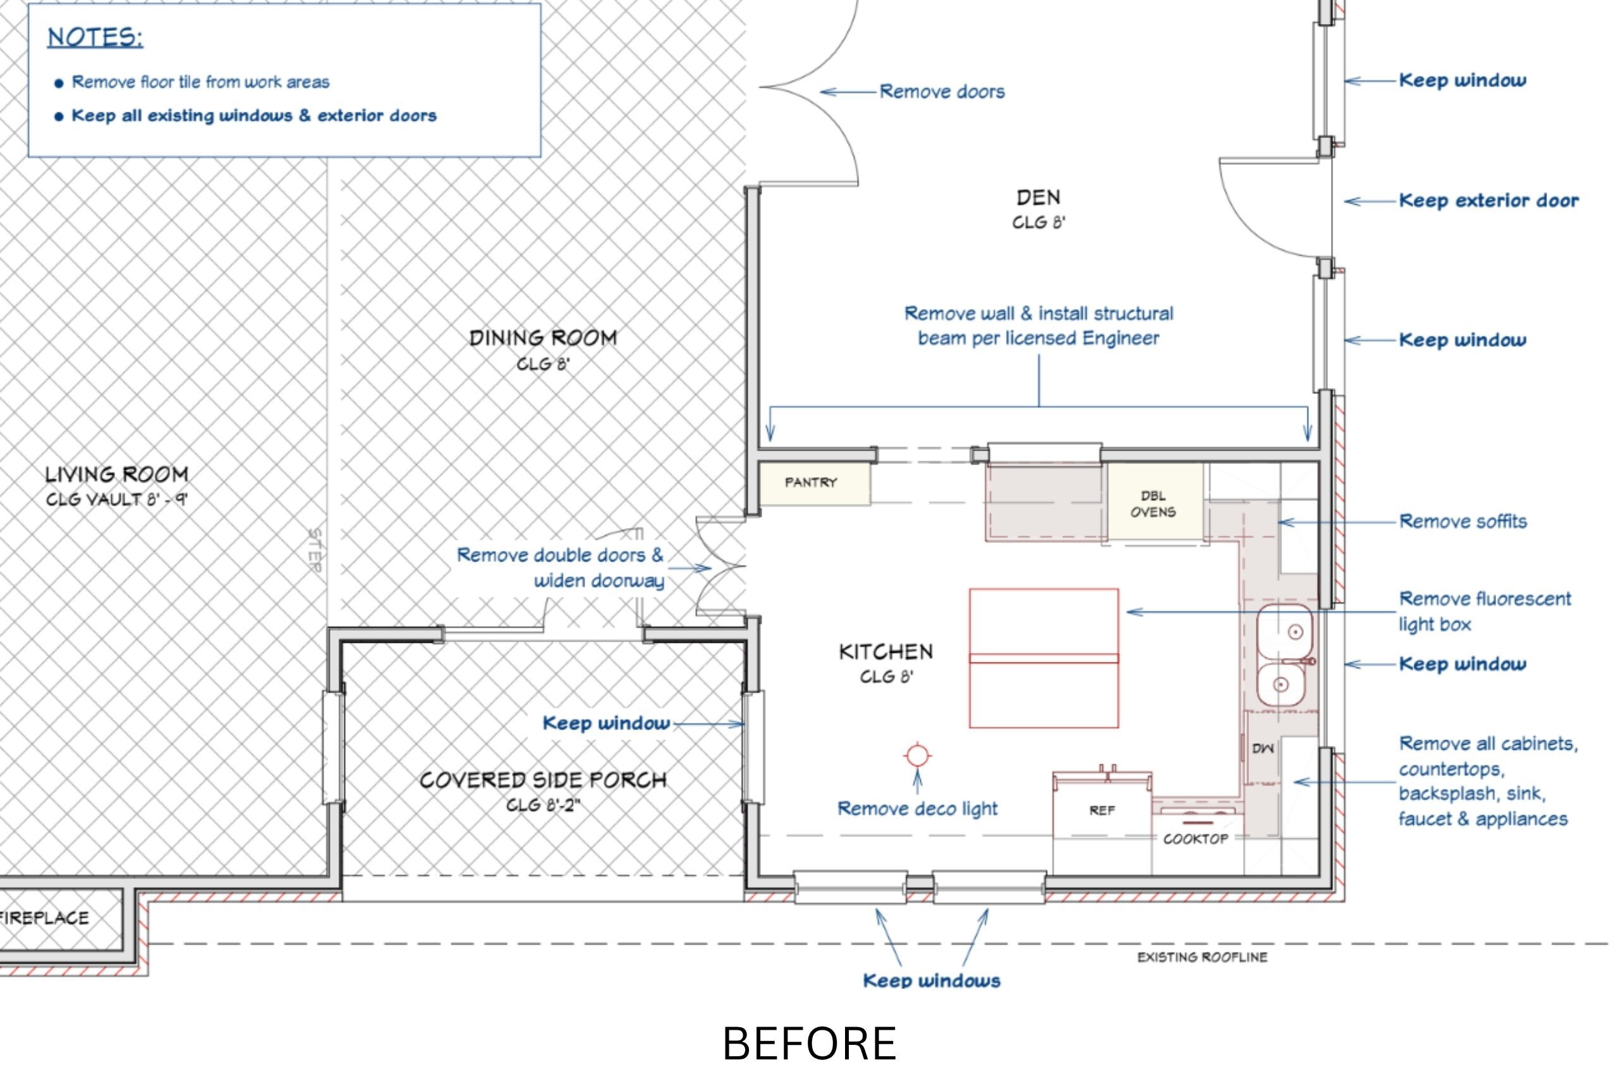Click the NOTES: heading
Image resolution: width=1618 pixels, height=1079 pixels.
[x=95, y=37]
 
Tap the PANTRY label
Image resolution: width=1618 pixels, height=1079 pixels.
[x=811, y=482]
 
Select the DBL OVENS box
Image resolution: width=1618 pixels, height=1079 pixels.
[x=1154, y=503]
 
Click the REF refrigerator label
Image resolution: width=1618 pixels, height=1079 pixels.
[x=1102, y=810]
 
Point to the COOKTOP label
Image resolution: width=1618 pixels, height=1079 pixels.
[x=1196, y=839]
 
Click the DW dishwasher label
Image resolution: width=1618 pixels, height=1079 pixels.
[x=1263, y=748]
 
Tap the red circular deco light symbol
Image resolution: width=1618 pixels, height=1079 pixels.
[x=917, y=755]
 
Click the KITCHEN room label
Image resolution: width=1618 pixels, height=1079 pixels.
[x=886, y=652]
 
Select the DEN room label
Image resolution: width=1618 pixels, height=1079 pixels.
[x=1039, y=197]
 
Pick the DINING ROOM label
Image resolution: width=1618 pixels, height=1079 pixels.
[x=544, y=338]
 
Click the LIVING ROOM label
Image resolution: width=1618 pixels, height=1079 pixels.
[x=117, y=474]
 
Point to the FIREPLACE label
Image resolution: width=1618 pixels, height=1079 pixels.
[x=44, y=917]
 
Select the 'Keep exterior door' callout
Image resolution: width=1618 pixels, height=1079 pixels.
[x=1488, y=200]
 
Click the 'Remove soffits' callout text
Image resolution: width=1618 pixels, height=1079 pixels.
[x=1463, y=521]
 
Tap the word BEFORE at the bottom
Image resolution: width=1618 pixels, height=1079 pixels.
[x=809, y=1044]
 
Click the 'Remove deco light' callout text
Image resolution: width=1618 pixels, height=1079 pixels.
[x=917, y=808]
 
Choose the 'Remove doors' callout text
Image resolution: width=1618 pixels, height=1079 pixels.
[x=942, y=92]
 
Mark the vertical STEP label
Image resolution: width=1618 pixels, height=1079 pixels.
[x=315, y=550]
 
